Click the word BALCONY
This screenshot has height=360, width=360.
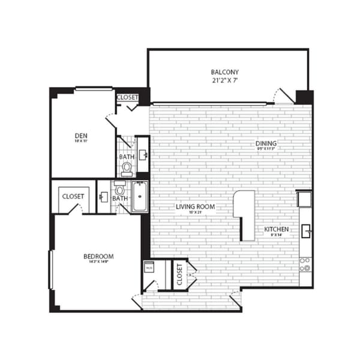pos(228,72)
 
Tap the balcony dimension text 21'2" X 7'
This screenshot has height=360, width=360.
pos(228,80)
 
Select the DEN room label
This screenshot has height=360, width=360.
pos(82,135)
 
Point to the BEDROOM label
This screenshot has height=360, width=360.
pos(98,256)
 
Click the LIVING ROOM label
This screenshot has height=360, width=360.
pos(195,207)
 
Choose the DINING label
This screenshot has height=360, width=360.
pos(265,143)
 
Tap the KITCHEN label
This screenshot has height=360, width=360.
pos(277,229)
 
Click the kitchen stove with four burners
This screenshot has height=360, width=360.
pos(305,264)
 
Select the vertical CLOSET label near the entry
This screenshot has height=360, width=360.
pos(179,274)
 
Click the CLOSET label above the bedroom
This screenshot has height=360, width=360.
pos(73,196)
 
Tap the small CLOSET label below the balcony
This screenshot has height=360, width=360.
pos(127,97)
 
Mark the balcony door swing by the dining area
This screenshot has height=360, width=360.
pos(282,96)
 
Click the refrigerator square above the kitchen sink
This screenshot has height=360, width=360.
pos(304,198)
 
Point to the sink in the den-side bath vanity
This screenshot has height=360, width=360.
pos(143,154)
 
